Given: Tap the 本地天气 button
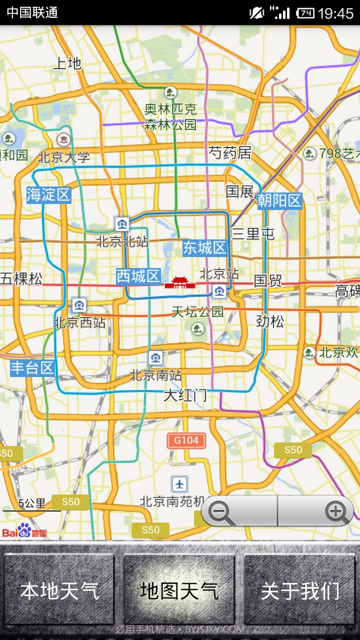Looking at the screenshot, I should tap(59, 590).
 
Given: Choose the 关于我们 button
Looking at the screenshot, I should tap(300, 590).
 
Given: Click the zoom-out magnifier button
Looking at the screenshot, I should tap(220, 511).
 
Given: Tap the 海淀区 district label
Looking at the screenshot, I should tap(48, 194).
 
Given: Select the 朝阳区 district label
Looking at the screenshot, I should tap(279, 200).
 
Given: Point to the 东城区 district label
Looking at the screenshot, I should tap(205, 247).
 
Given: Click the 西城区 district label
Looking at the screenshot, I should tap(138, 276).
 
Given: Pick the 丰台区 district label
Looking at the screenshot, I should tap(32, 368).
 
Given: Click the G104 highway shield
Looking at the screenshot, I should tap(186, 440).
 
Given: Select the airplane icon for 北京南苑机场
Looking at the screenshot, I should tap(179, 483).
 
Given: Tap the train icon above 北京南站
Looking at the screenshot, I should tap(155, 357).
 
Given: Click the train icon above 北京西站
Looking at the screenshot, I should tap(79, 304).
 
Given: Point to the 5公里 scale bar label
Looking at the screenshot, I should tap(32, 503).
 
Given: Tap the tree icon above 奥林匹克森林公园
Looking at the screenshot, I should tap(170, 92).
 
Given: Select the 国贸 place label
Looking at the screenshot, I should tap(268, 280).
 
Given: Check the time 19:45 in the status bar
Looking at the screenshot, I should tap(335, 13).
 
